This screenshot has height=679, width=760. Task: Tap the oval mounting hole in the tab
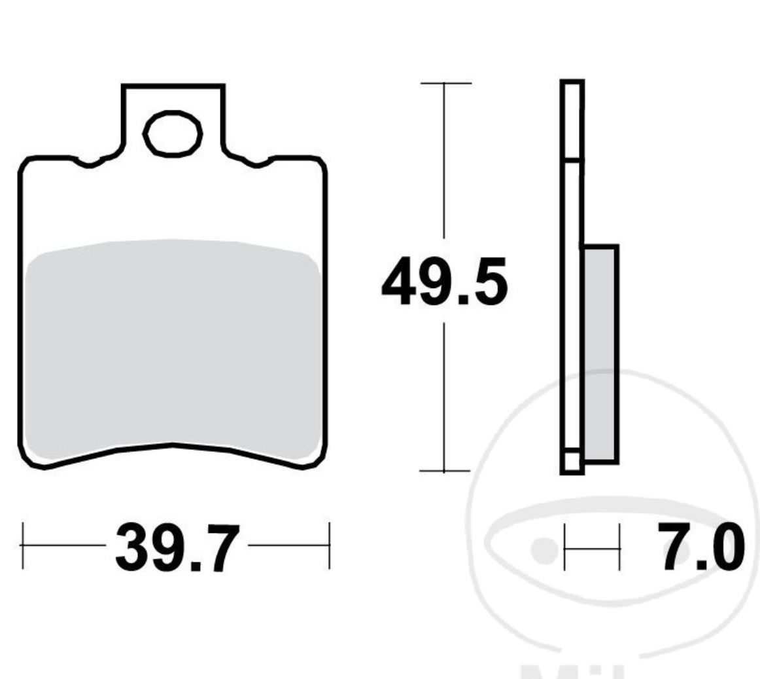pos(173,134)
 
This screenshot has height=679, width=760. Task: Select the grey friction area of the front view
pos(173,347)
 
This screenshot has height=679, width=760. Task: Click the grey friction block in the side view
pos(600,354)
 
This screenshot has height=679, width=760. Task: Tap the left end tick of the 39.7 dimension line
pos(23,545)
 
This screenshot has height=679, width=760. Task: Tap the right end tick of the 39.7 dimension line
pos(329,545)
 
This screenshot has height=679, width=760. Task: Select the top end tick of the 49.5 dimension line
pos(445,84)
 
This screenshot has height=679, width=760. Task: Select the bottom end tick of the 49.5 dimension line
pos(445,470)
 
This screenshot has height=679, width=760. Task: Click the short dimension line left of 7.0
pos(592,547)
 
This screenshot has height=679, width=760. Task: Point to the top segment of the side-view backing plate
pos(572,120)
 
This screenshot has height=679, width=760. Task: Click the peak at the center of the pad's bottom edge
pos(173,445)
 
